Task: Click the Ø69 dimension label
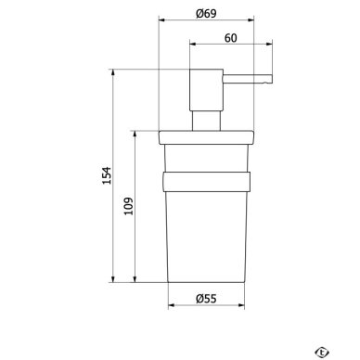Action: pyautogui.click(x=206, y=13)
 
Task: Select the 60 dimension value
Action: pyautogui.click(x=231, y=38)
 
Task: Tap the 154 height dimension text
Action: pyautogui.click(x=107, y=175)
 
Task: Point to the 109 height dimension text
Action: pyautogui.click(x=128, y=206)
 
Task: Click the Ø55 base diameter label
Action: pyautogui.click(x=206, y=299)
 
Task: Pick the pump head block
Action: pyautogui.click(x=206, y=90)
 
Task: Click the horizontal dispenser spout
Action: pyautogui.click(x=248, y=79)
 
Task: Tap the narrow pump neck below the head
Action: pyautogui.click(x=206, y=121)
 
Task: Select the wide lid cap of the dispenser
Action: pyautogui.click(x=206, y=137)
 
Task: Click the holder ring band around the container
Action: pyautogui.click(x=206, y=182)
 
